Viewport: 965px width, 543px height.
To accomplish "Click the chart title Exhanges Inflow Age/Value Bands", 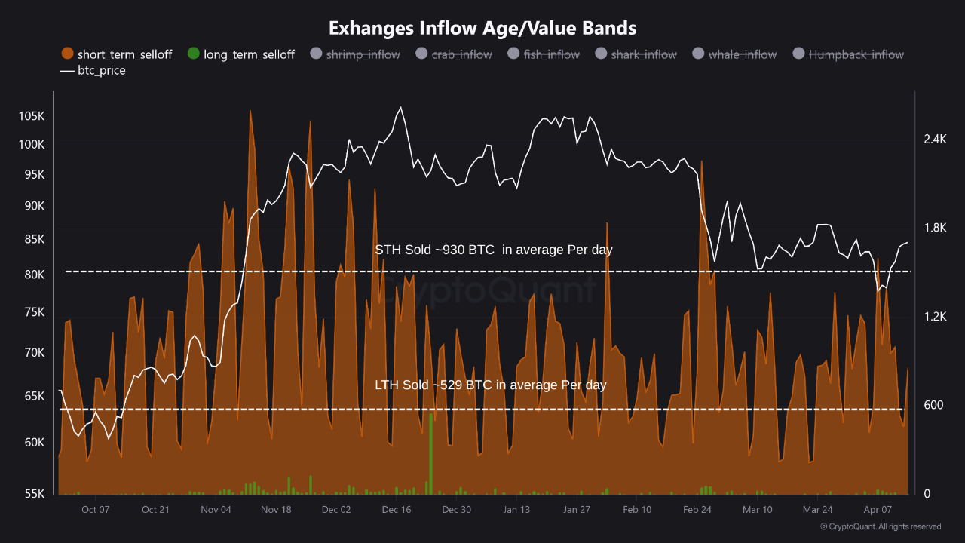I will (482, 29).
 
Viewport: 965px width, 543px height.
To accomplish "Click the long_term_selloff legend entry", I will (240, 54).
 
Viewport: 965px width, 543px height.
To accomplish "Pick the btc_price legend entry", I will (93, 71).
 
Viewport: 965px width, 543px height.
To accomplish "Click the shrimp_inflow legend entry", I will (355, 54).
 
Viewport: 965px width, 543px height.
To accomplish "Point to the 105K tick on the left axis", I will (32, 116).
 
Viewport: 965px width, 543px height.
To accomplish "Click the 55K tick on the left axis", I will (35, 494).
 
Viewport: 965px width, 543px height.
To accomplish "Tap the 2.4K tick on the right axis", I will (934, 140).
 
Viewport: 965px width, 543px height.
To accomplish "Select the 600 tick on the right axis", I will (933, 406).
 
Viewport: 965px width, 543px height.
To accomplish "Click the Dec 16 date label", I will (396, 510).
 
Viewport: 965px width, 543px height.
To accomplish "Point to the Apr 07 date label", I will (878, 510).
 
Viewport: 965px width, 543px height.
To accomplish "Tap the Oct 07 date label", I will (95, 510).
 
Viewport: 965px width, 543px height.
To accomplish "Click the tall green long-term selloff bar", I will (431, 452).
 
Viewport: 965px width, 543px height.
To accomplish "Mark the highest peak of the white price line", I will (400, 108).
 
